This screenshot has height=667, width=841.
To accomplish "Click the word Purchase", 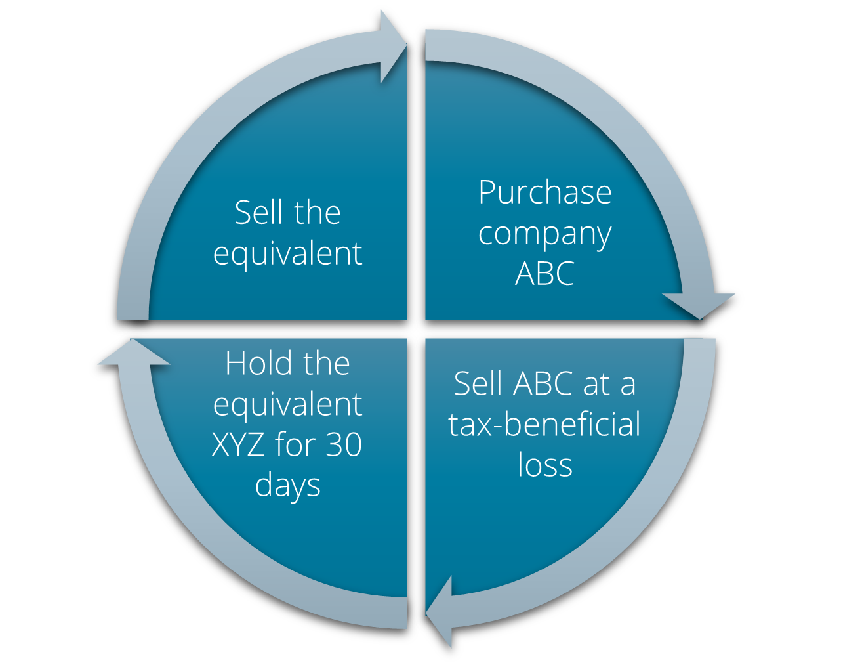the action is (x=544, y=193).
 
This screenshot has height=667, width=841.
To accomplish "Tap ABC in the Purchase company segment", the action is (x=544, y=274).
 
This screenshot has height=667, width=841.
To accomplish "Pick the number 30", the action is (x=344, y=445).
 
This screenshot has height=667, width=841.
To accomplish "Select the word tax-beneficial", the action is (x=544, y=425).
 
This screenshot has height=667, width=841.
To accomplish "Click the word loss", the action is (x=544, y=465).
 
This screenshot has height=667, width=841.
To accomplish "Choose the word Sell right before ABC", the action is (x=478, y=384).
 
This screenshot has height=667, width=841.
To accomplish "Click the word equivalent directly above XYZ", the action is (x=287, y=405).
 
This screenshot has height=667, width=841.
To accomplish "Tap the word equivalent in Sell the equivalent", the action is (x=287, y=254).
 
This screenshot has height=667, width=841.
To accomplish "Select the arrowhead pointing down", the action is (x=699, y=304).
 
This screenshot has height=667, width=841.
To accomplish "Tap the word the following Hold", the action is (x=322, y=364).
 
